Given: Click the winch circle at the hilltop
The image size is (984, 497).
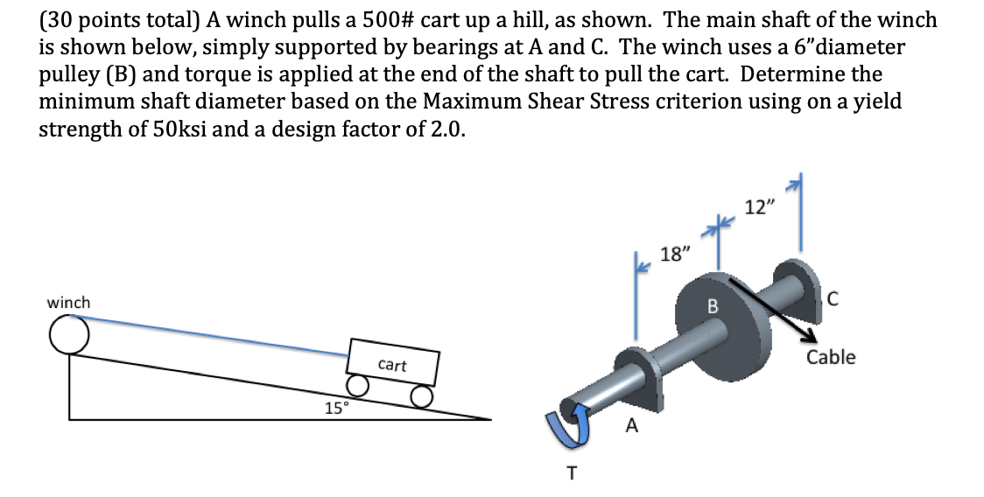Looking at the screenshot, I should coord(68,333).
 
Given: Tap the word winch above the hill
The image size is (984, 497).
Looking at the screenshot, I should coord(68,303).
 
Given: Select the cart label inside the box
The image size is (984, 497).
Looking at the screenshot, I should coord(392,365).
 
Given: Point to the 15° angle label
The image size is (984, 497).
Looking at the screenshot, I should coord(336,408).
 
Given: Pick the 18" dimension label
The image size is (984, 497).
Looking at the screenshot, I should coord(675,255).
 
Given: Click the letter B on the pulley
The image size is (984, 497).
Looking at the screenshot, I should coord(712,308).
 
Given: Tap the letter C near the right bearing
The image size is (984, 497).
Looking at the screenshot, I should coord(832,301).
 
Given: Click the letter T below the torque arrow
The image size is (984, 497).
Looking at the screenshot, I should coord(572,473).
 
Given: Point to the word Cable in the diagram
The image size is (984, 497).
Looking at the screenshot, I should coord(831,357).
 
